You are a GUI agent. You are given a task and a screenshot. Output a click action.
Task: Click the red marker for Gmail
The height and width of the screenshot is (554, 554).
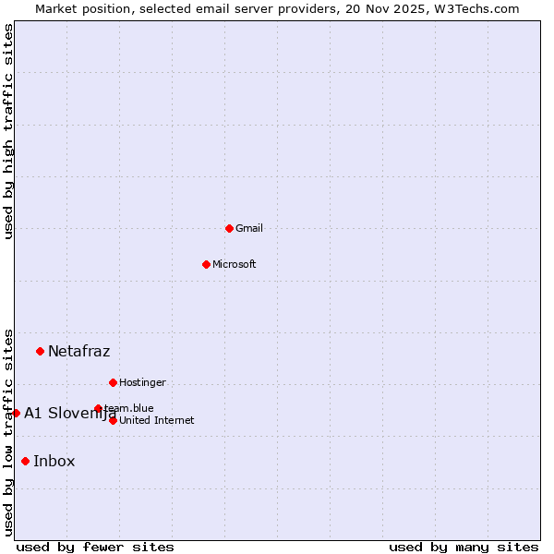(x=229, y=228)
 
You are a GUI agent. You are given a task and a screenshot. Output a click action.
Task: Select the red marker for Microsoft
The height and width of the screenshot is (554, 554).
(x=206, y=264)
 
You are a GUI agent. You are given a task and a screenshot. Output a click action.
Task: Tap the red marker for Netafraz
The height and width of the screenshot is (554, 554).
(x=40, y=351)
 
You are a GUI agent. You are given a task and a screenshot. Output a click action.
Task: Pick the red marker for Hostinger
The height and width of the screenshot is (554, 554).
(x=113, y=382)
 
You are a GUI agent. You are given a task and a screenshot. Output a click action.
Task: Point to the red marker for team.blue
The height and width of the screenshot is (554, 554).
(x=98, y=408)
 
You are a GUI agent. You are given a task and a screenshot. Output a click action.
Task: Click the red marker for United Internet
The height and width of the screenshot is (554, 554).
(x=113, y=420)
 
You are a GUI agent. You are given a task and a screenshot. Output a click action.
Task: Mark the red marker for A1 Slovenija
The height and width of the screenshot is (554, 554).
(x=16, y=413)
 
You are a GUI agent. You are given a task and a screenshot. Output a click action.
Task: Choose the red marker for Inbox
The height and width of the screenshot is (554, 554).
(x=25, y=462)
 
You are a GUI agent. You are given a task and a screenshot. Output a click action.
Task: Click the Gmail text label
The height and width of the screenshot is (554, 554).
(x=249, y=228)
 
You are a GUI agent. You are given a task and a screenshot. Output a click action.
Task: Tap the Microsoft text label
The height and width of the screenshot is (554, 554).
(x=235, y=264)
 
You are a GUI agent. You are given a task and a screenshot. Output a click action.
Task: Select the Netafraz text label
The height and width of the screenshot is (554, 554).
(x=79, y=351)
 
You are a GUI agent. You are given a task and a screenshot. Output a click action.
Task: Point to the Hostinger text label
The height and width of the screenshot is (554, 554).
(x=143, y=382)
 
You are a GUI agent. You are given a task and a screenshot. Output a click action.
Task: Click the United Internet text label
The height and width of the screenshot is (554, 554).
(x=157, y=420)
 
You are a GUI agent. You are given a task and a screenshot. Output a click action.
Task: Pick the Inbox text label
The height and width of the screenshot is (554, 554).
(x=54, y=462)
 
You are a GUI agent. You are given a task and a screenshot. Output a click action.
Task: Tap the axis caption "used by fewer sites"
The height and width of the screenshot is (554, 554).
(x=95, y=547)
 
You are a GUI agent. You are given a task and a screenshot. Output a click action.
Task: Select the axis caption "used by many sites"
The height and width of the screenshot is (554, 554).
(x=464, y=547)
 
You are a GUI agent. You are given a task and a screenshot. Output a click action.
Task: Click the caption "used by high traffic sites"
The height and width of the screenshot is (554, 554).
(x=8, y=131)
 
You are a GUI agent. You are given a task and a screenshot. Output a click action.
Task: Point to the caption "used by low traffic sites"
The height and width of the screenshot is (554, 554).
(x=8, y=432)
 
